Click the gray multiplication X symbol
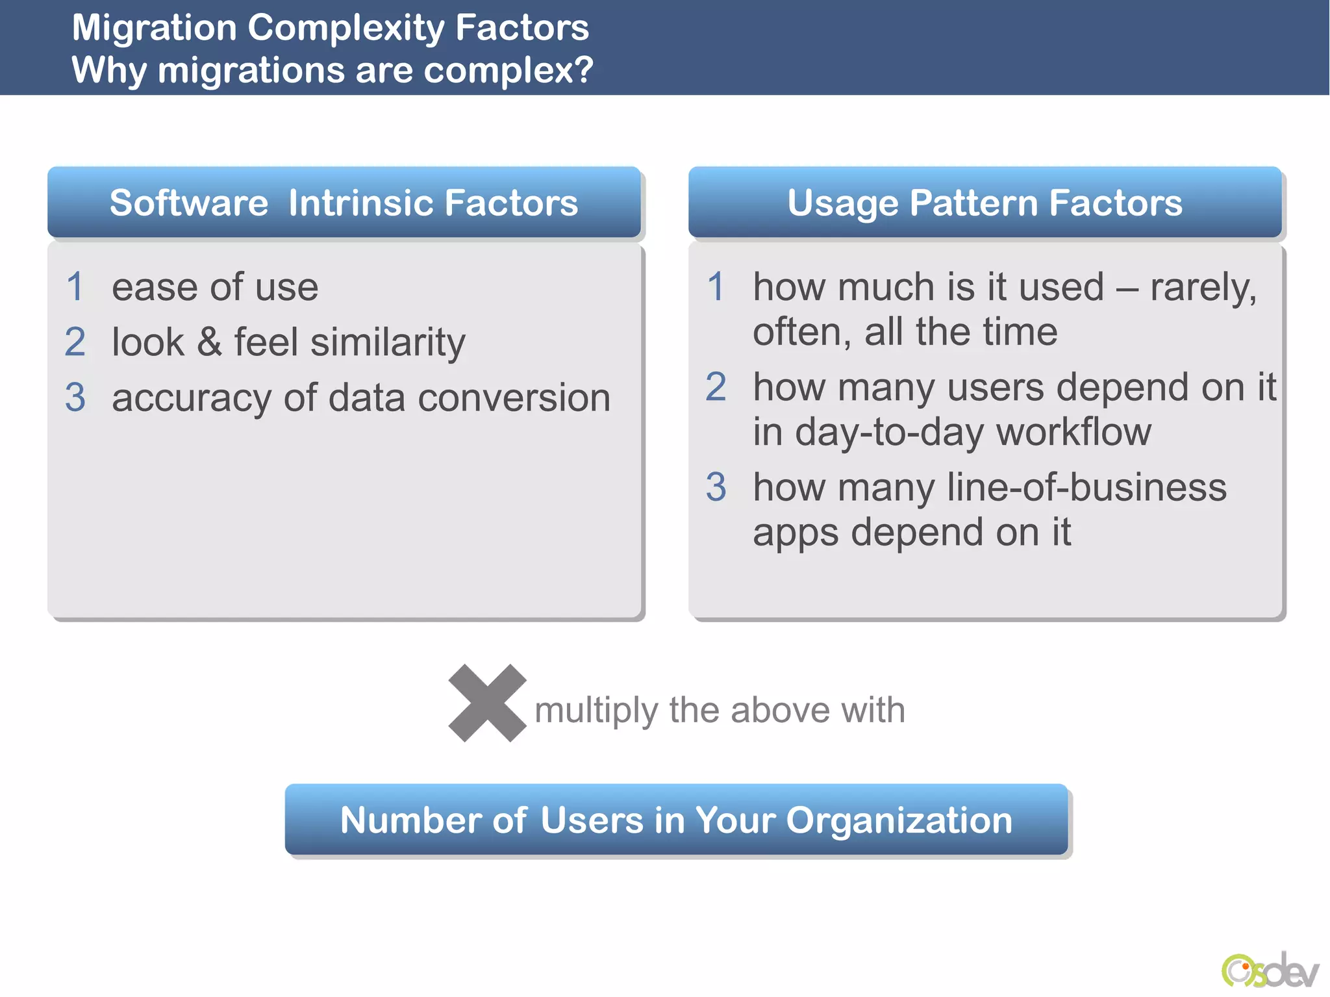(487, 703)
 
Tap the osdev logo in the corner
(1270, 970)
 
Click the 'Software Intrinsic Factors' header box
(344, 203)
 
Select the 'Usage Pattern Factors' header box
(985, 203)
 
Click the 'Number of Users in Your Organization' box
(676, 820)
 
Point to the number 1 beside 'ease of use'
(75, 287)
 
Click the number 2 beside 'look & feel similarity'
(75, 342)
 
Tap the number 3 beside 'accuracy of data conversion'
(75, 398)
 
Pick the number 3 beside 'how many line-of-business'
(716, 487)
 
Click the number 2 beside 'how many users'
(716, 387)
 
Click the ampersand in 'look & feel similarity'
(209, 342)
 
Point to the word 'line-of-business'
(1086, 487)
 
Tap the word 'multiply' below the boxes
(596, 710)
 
